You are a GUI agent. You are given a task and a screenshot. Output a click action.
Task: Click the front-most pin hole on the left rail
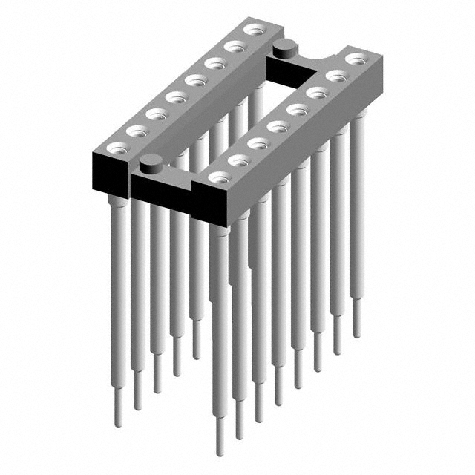click(116, 148)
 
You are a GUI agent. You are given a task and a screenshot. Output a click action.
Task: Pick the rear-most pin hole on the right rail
click(356, 59)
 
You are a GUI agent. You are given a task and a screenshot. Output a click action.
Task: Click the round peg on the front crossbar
click(151, 160)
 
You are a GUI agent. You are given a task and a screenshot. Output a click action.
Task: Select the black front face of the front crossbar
click(160, 190)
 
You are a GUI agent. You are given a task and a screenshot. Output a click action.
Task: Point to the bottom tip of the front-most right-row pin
click(220, 451)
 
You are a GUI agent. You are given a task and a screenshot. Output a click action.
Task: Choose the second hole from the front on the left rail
click(136, 131)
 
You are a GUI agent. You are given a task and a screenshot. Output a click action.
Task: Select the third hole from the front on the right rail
click(258, 142)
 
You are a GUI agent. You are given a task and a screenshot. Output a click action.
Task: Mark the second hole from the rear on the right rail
click(336, 76)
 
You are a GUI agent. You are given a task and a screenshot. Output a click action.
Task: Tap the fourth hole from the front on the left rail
click(175, 97)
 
